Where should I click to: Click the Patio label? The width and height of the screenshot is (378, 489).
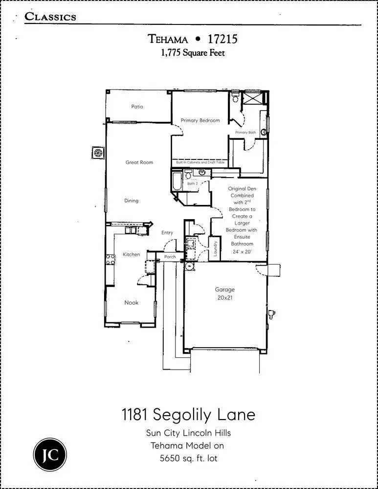[x=137, y=107]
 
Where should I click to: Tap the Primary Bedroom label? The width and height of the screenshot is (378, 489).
[x=200, y=120]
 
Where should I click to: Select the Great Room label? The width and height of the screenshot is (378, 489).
[x=139, y=162]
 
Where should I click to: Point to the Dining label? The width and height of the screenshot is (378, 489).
[x=131, y=200]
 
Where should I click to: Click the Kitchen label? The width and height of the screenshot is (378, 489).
[x=132, y=254]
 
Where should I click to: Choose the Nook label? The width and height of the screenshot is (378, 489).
[x=131, y=303]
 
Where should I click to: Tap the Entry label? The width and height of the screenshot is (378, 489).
[x=167, y=233]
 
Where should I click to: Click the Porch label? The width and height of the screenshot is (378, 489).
[x=170, y=257]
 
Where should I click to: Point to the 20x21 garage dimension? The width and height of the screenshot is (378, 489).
[x=225, y=297]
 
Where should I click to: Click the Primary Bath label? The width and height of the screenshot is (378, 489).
[x=245, y=133]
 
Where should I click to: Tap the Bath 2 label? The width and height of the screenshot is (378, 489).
[x=193, y=183]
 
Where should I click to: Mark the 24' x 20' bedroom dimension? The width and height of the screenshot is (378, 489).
[x=242, y=252]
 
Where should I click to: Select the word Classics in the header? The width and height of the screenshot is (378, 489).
[x=50, y=17]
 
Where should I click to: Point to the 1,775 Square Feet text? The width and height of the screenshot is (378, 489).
[x=193, y=53]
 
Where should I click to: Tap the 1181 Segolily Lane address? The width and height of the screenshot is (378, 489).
[x=188, y=415]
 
